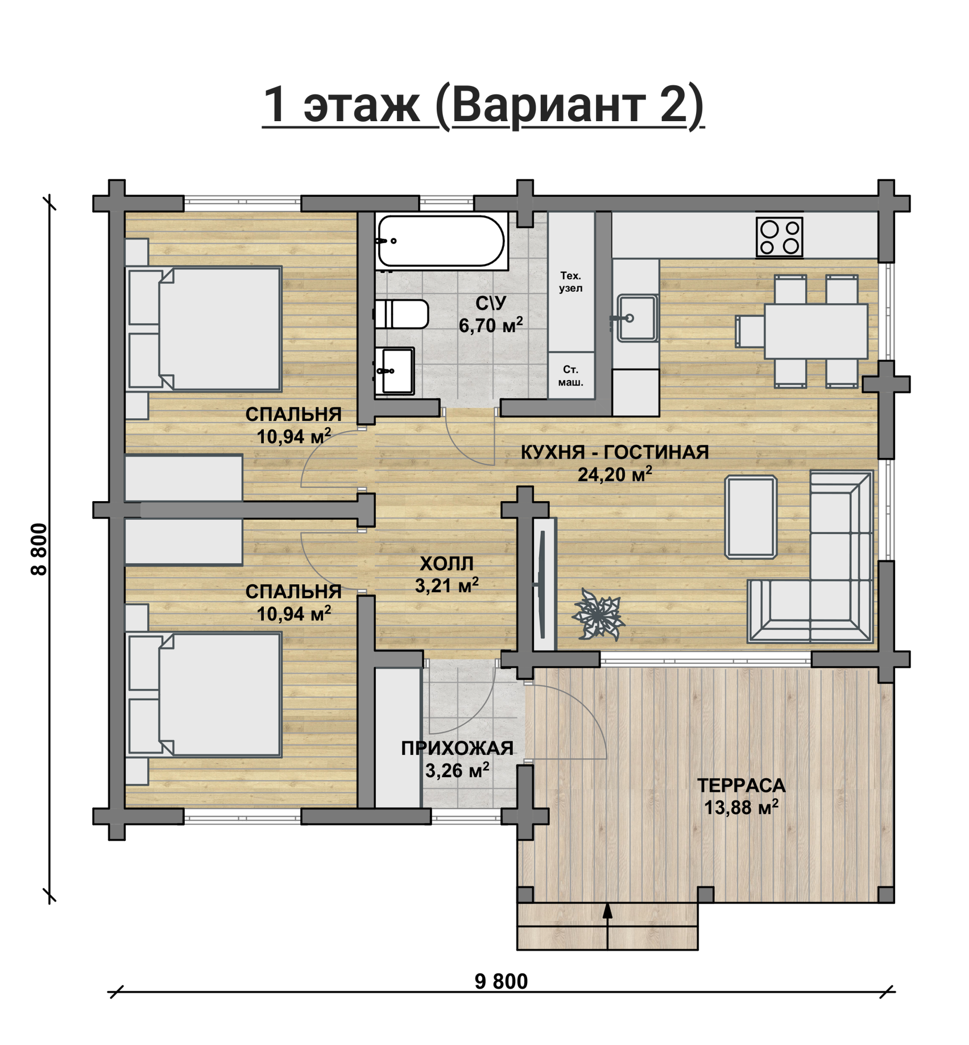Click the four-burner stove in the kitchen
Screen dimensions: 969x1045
tap(779, 237)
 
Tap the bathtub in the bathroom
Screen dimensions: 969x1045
tap(441, 241)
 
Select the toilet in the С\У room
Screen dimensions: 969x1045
tap(401, 314)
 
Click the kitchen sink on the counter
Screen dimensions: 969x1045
tap(636, 318)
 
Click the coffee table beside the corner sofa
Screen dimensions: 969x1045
tap(751, 517)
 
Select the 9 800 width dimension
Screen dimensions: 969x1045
tap(501, 981)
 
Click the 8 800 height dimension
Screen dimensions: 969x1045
tap(39, 549)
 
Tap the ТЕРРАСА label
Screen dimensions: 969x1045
tap(741, 785)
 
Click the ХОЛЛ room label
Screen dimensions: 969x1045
tap(446, 563)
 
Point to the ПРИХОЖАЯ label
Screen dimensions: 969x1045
tap(457, 748)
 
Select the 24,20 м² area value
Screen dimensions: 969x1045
tap(615, 473)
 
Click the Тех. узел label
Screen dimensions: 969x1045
tap(570, 282)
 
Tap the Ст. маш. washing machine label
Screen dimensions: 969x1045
tap(570, 375)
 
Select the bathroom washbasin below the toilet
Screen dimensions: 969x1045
tap(395, 371)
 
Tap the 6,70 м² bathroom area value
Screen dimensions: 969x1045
tap(491, 325)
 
